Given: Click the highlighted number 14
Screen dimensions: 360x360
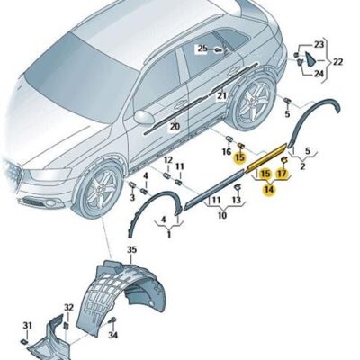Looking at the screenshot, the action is [269, 190].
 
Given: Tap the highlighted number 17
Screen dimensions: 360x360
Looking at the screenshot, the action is [282, 174].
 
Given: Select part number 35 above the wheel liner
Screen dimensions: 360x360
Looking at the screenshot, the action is [131, 249].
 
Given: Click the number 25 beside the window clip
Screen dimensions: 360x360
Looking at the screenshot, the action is [202, 49].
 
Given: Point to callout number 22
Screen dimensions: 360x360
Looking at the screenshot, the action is [337, 62].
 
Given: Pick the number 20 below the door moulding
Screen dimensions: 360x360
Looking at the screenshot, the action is [175, 127].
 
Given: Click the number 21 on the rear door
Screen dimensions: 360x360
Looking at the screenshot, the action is [222, 96].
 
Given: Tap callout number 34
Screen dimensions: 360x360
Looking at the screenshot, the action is [112, 335].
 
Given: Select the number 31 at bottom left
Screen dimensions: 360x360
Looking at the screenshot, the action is [27, 325].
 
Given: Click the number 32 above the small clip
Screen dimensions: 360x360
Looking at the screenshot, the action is [68, 308].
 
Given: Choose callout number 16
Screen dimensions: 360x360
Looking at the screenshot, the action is [227, 152].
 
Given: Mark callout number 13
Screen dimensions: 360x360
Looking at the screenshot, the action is [237, 200].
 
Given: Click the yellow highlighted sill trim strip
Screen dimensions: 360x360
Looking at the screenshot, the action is [266, 158].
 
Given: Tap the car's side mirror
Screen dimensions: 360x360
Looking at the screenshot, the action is [144, 117].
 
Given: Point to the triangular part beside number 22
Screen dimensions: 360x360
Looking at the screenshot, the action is [309, 58].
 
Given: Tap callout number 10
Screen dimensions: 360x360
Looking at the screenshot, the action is [222, 215].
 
